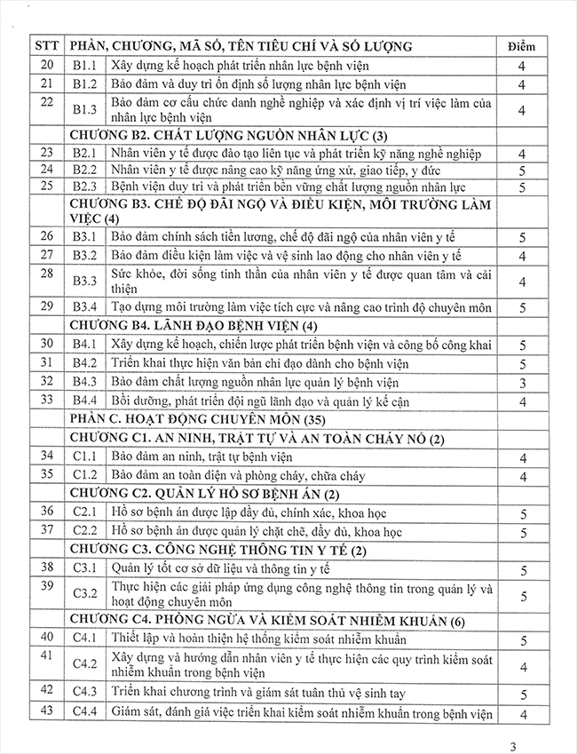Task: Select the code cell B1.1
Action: (84, 66)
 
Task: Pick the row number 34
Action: (46, 456)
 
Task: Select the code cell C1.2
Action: (84, 475)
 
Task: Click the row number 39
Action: (46, 588)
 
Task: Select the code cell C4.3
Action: (84, 694)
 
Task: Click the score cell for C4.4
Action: (523, 713)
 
